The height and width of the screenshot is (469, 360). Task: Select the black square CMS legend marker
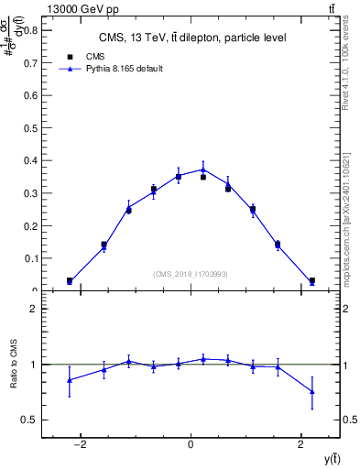click(70, 57)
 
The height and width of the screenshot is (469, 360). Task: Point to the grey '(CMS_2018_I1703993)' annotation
click(191, 274)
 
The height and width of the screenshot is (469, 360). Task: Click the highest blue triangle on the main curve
click(203, 169)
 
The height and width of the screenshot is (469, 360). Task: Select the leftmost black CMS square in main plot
click(70, 280)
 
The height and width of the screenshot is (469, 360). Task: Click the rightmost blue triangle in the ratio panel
click(312, 391)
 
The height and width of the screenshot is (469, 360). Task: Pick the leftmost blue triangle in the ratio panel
click(70, 379)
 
